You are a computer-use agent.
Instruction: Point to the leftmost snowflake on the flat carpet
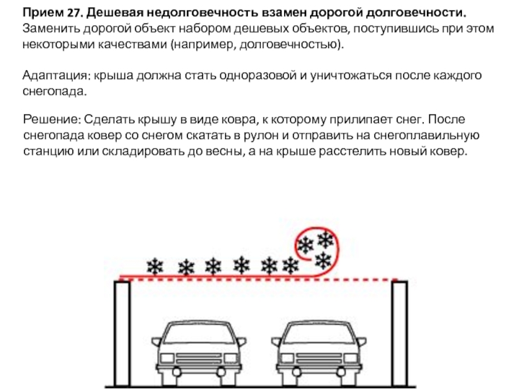154,266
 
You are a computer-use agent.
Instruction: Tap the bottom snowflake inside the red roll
322,261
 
